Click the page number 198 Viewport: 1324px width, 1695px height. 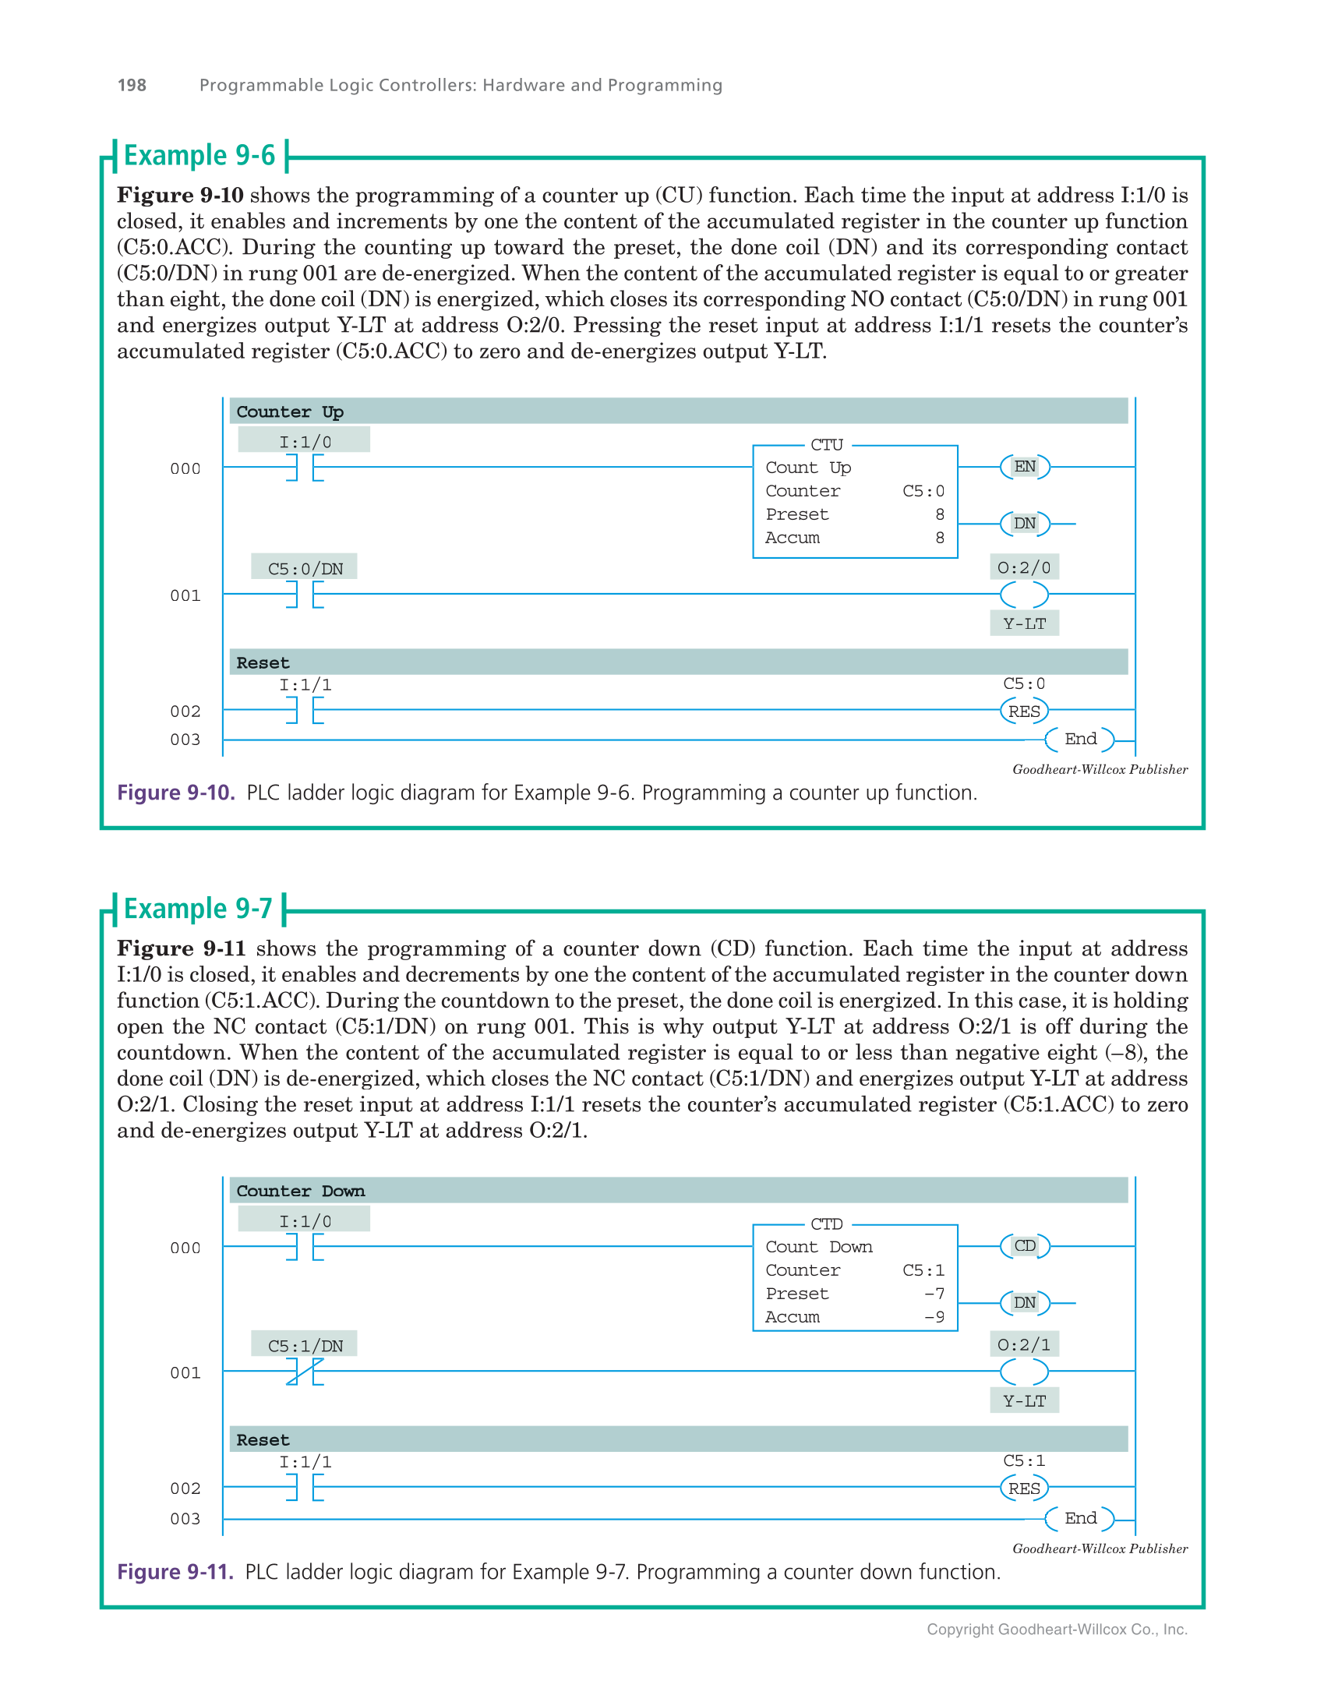click(x=132, y=85)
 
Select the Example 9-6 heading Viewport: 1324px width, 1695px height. click(x=199, y=155)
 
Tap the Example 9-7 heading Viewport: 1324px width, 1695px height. click(x=198, y=909)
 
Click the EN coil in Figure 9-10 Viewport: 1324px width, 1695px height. click(x=1024, y=467)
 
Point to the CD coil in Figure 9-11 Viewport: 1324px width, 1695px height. click(x=1024, y=1246)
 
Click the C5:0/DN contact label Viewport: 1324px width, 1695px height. click(x=305, y=568)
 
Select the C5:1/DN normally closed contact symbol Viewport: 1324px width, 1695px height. click(x=305, y=1372)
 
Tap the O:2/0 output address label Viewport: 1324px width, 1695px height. click(x=1024, y=567)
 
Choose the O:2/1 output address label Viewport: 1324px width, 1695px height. click(x=1024, y=1344)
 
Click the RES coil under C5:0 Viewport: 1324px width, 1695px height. click(x=1024, y=711)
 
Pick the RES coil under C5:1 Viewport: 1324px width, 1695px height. click(x=1024, y=1488)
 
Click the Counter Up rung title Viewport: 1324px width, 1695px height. click(x=290, y=411)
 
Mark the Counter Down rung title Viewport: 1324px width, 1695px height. click(x=300, y=1191)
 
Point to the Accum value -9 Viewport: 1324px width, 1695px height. click(x=934, y=1317)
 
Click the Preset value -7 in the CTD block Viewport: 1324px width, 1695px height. click(x=934, y=1294)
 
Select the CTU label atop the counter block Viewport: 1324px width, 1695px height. click(x=826, y=445)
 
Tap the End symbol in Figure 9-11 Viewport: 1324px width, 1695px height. click(x=1080, y=1518)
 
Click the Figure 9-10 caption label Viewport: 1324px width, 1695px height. click(x=175, y=793)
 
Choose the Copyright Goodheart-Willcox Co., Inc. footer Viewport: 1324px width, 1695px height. click(x=1057, y=1630)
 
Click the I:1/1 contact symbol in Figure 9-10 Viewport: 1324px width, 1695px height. click(x=305, y=710)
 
